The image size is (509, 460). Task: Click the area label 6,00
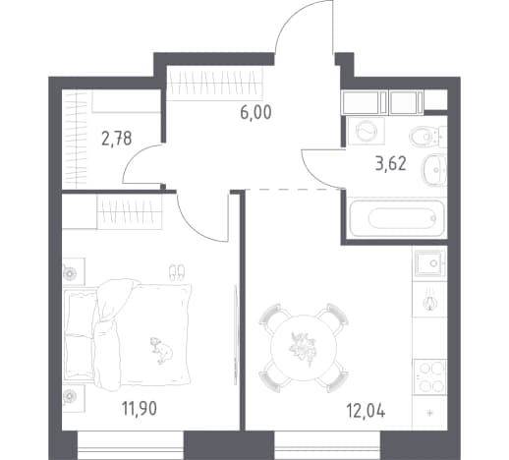[255, 113]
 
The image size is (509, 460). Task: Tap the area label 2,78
[117, 139]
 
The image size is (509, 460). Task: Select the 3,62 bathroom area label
[391, 163]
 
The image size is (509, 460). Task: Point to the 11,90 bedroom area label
[140, 409]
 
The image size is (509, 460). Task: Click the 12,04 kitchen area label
[366, 411]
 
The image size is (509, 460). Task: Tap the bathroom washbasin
[434, 170]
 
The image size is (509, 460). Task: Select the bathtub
[396, 218]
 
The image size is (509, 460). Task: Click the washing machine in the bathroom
[367, 131]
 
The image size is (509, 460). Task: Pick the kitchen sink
[429, 263]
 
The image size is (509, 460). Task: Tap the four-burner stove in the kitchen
[429, 377]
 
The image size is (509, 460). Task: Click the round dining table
[304, 348]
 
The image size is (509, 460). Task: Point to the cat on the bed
[161, 351]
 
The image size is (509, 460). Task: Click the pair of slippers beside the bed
[177, 272]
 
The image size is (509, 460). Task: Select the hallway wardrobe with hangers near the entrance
[214, 84]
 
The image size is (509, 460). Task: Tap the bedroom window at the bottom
[131, 445]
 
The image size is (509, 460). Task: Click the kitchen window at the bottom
[327, 445]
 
